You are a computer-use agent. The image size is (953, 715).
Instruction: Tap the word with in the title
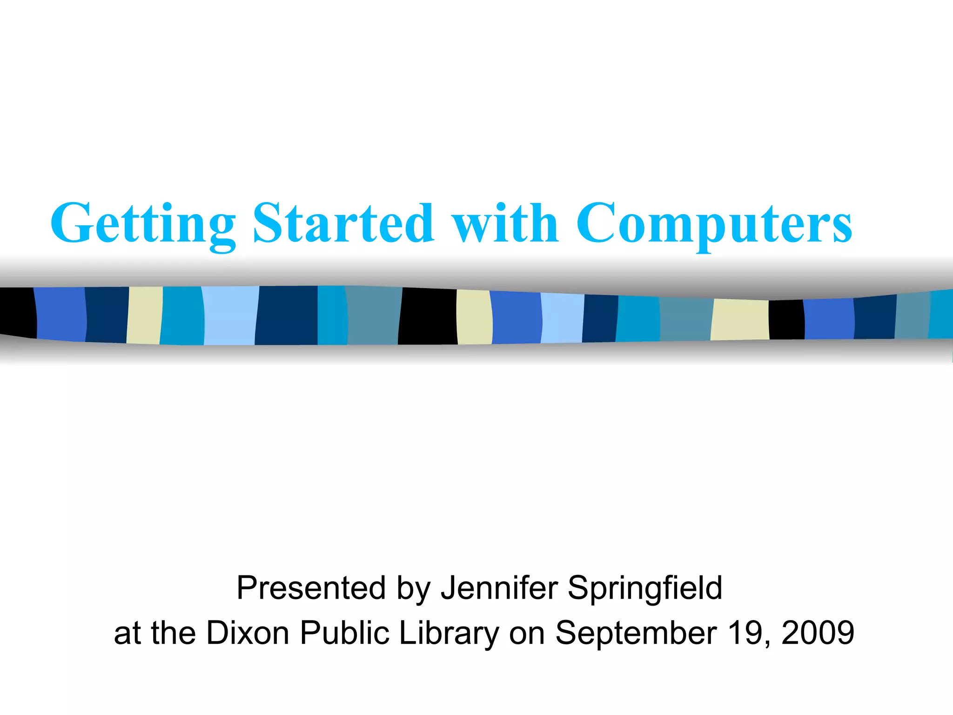pos(506,223)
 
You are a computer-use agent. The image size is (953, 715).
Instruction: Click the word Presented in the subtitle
pos(311,588)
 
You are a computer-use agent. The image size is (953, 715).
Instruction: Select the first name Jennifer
pos(499,587)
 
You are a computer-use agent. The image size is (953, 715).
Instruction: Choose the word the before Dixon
pos(173,633)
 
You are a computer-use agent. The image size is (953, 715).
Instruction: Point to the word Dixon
pos(248,633)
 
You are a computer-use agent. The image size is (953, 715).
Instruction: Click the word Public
pos(345,633)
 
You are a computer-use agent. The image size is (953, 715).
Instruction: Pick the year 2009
pos(818,633)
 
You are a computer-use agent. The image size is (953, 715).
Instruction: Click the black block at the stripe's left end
pos(18,312)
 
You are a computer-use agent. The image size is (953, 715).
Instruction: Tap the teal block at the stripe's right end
pos(941,314)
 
